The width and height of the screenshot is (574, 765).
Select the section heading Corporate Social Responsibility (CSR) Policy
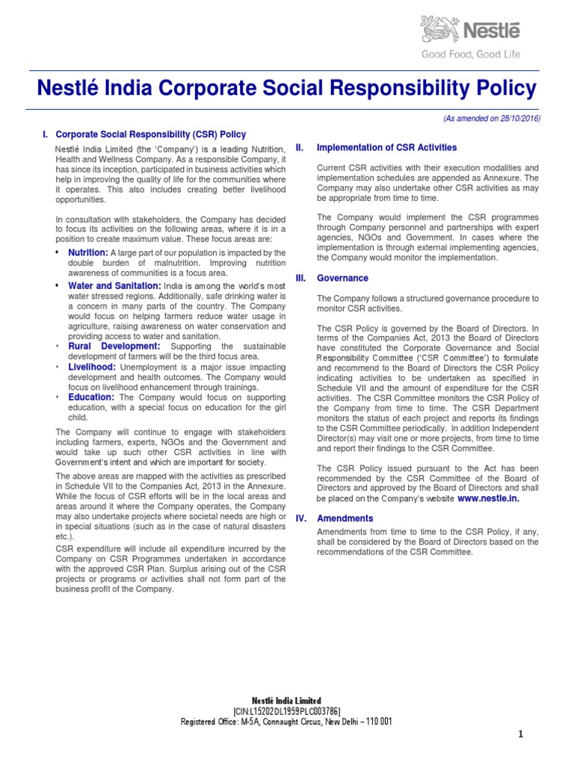pyautogui.click(x=151, y=134)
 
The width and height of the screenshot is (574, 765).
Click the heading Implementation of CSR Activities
pyautogui.click(x=387, y=148)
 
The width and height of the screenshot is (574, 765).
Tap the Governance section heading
pyautogui.click(x=342, y=278)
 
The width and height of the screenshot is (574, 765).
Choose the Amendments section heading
pyautogui.click(x=345, y=518)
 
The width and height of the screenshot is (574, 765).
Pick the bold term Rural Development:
pyautogui.click(x=114, y=347)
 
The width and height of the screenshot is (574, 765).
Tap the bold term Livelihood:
pyautogui.click(x=92, y=367)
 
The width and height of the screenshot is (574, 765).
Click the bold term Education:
pyautogui.click(x=91, y=397)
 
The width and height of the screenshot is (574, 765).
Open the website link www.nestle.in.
pyautogui.click(x=488, y=498)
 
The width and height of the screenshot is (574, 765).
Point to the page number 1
pyautogui.click(x=521, y=735)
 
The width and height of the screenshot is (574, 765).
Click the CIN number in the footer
pyautogui.click(x=287, y=711)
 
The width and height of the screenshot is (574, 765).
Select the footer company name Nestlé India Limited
pyautogui.click(x=287, y=701)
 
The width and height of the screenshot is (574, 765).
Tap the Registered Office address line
pyautogui.click(x=287, y=722)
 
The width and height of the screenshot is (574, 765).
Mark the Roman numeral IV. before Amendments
pyautogui.click(x=301, y=518)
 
